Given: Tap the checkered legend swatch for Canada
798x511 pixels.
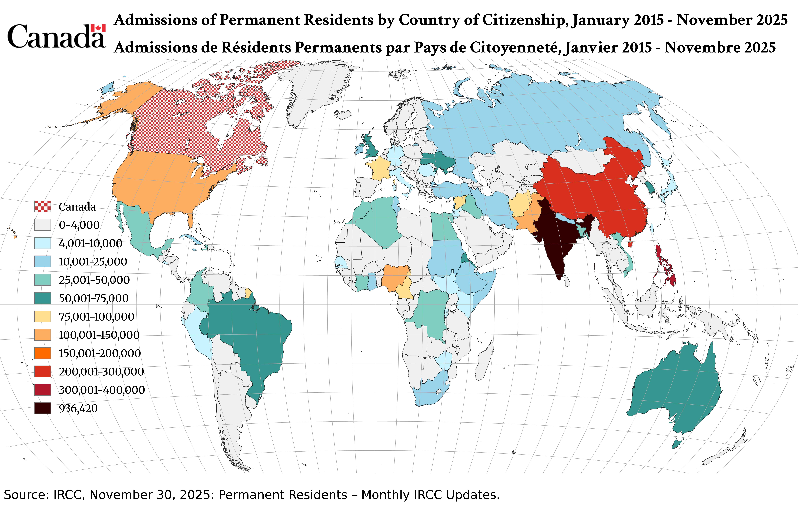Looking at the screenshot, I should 43,206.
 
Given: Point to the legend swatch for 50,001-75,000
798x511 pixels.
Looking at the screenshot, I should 43,298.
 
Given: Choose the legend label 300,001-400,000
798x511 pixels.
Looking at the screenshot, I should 102,390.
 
